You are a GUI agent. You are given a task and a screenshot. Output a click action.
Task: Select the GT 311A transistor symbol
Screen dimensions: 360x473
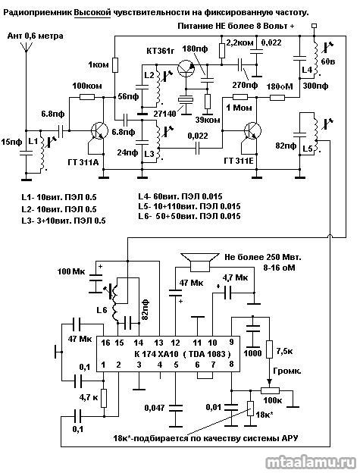pyautogui.click(x=100, y=130)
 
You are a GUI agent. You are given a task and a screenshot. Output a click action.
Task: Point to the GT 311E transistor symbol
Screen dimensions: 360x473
pyautogui.click(x=252, y=130)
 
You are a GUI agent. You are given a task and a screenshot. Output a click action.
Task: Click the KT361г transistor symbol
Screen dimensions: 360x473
pyautogui.click(x=186, y=69)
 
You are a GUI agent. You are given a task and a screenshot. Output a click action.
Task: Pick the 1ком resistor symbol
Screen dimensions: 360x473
pyautogui.click(x=115, y=65)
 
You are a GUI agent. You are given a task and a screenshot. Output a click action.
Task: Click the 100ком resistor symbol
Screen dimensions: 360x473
pyautogui.click(x=87, y=97)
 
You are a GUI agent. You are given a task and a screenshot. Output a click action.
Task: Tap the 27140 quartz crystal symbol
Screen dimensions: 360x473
pyautogui.click(x=186, y=101)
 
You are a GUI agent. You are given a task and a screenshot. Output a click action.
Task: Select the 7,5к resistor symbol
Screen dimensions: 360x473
pyautogui.click(x=269, y=349)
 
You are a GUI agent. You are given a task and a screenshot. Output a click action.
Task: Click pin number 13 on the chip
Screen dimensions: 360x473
pyautogui.click(x=158, y=343)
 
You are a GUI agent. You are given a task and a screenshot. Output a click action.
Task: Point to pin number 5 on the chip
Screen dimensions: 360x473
pyautogui.click(x=176, y=365)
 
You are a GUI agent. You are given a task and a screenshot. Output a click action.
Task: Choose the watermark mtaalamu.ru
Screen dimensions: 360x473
pyautogui.click(x=311, y=462)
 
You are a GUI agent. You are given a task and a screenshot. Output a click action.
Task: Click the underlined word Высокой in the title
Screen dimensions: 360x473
pyautogui.click(x=92, y=13)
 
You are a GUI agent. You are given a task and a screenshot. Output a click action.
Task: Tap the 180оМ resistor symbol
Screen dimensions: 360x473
pyautogui.click(x=277, y=97)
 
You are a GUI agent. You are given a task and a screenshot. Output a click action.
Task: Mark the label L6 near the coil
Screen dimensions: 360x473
pyautogui.click(x=102, y=310)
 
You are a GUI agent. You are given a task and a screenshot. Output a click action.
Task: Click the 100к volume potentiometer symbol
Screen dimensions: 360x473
pyautogui.click(x=271, y=390)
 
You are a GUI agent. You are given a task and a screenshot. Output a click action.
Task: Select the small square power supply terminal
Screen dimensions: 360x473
pyautogui.click(x=315, y=26)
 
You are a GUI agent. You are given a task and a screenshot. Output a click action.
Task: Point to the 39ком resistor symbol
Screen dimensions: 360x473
pyautogui.click(x=208, y=101)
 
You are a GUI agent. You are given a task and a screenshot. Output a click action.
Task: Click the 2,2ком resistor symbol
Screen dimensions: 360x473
pyautogui.click(x=222, y=50)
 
